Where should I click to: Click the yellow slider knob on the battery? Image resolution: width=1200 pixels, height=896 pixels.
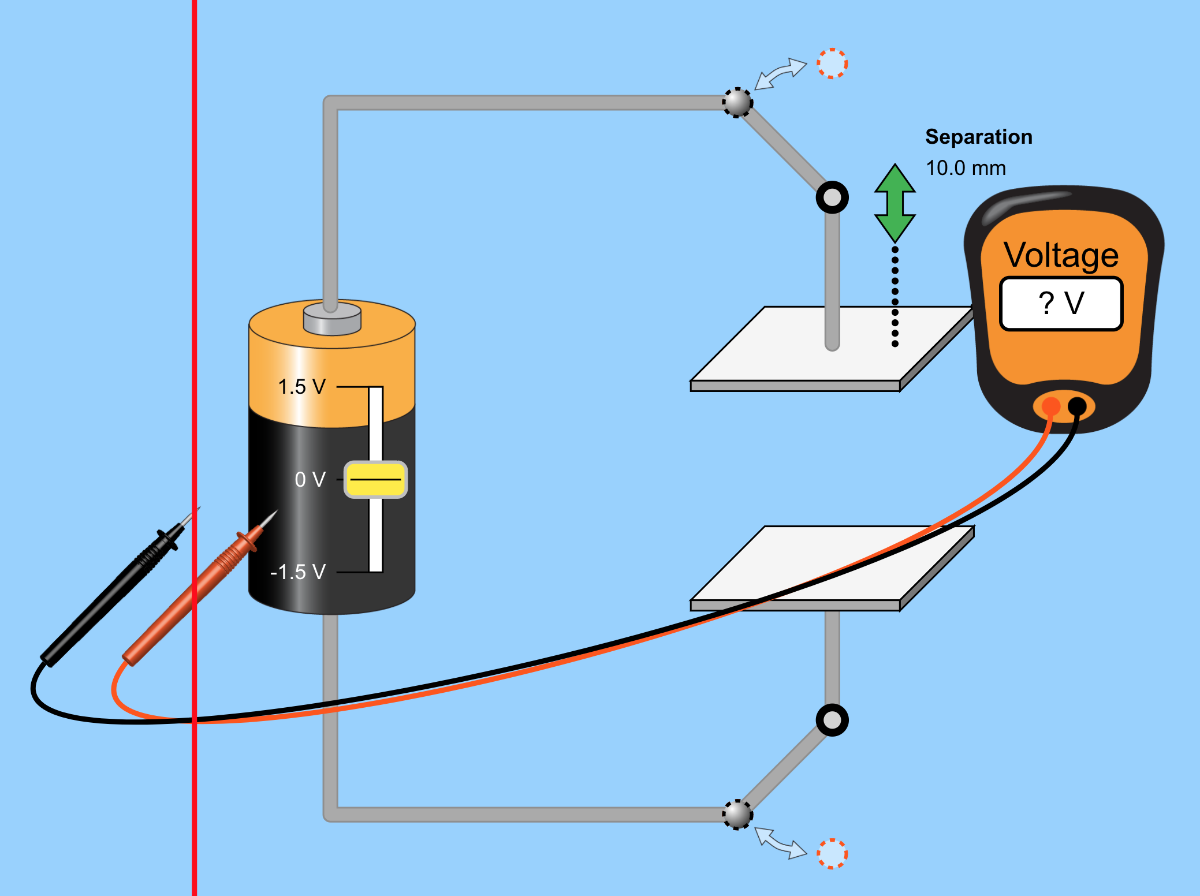pyautogui.click(x=375, y=479)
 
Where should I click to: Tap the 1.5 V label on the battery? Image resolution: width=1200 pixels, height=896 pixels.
pyautogui.click(x=301, y=387)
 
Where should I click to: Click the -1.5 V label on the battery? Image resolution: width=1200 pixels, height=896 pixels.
pyautogui.click(x=298, y=572)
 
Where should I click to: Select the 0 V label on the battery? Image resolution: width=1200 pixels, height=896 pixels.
pyautogui.click(x=310, y=480)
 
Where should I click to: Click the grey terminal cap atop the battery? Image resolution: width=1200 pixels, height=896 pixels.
pyautogui.click(x=332, y=318)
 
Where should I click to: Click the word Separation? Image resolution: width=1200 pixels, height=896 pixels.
pyautogui.click(x=978, y=137)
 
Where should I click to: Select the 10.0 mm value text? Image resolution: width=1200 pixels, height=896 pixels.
pyautogui.click(x=966, y=168)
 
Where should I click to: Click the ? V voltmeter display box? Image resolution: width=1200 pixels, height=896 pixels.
pyautogui.click(x=1061, y=304)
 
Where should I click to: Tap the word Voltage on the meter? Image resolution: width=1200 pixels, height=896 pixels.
pyautogui.click(x=1061, y=255)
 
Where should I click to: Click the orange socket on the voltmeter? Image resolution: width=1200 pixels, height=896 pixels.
pyautogui.click(x=1050, y=406)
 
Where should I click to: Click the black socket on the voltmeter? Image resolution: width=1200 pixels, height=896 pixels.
pyautogui.click(x=1076, y=406)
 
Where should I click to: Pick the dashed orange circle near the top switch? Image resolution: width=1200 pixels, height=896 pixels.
pyautogui.click(x=832, y=63)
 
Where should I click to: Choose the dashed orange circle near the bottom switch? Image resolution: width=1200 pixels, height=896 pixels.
pyautogui.click(x=832, y=853)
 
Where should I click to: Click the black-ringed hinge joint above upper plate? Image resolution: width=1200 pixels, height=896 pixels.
pyautogui.click(x=832, y=197)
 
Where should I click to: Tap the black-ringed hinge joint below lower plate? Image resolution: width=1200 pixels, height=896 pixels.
pyautogui.click(x=832, y=720)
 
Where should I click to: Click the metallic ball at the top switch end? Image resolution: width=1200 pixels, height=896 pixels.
pyautogui.click(x=737, y=103)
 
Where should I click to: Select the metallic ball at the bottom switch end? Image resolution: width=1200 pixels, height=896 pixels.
pyautogui.click(x=737, y=815)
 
